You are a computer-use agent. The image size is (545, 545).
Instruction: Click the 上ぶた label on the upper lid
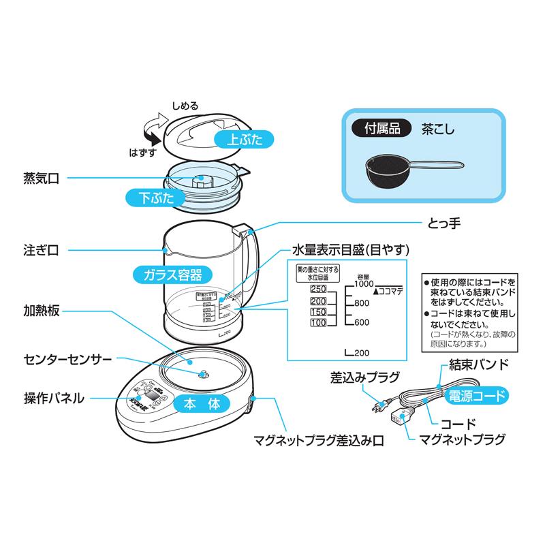pyautogui.click(x=243, y=140)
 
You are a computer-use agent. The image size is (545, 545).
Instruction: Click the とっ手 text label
pyautogui.click(x=443, y=223)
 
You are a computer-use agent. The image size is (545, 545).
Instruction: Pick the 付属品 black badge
pyautogui.click(x=379, y=127)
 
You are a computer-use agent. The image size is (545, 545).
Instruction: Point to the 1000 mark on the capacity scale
pyautogui.click(x=364, y=284)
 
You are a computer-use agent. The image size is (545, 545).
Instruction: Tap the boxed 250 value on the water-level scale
pyautogui.click(x=318, y=290)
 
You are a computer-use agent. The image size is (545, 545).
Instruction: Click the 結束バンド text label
pyautogui.click(x=476, y=364)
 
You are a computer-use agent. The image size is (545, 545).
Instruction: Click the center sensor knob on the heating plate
pyautogui.click(x=202, y=374)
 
